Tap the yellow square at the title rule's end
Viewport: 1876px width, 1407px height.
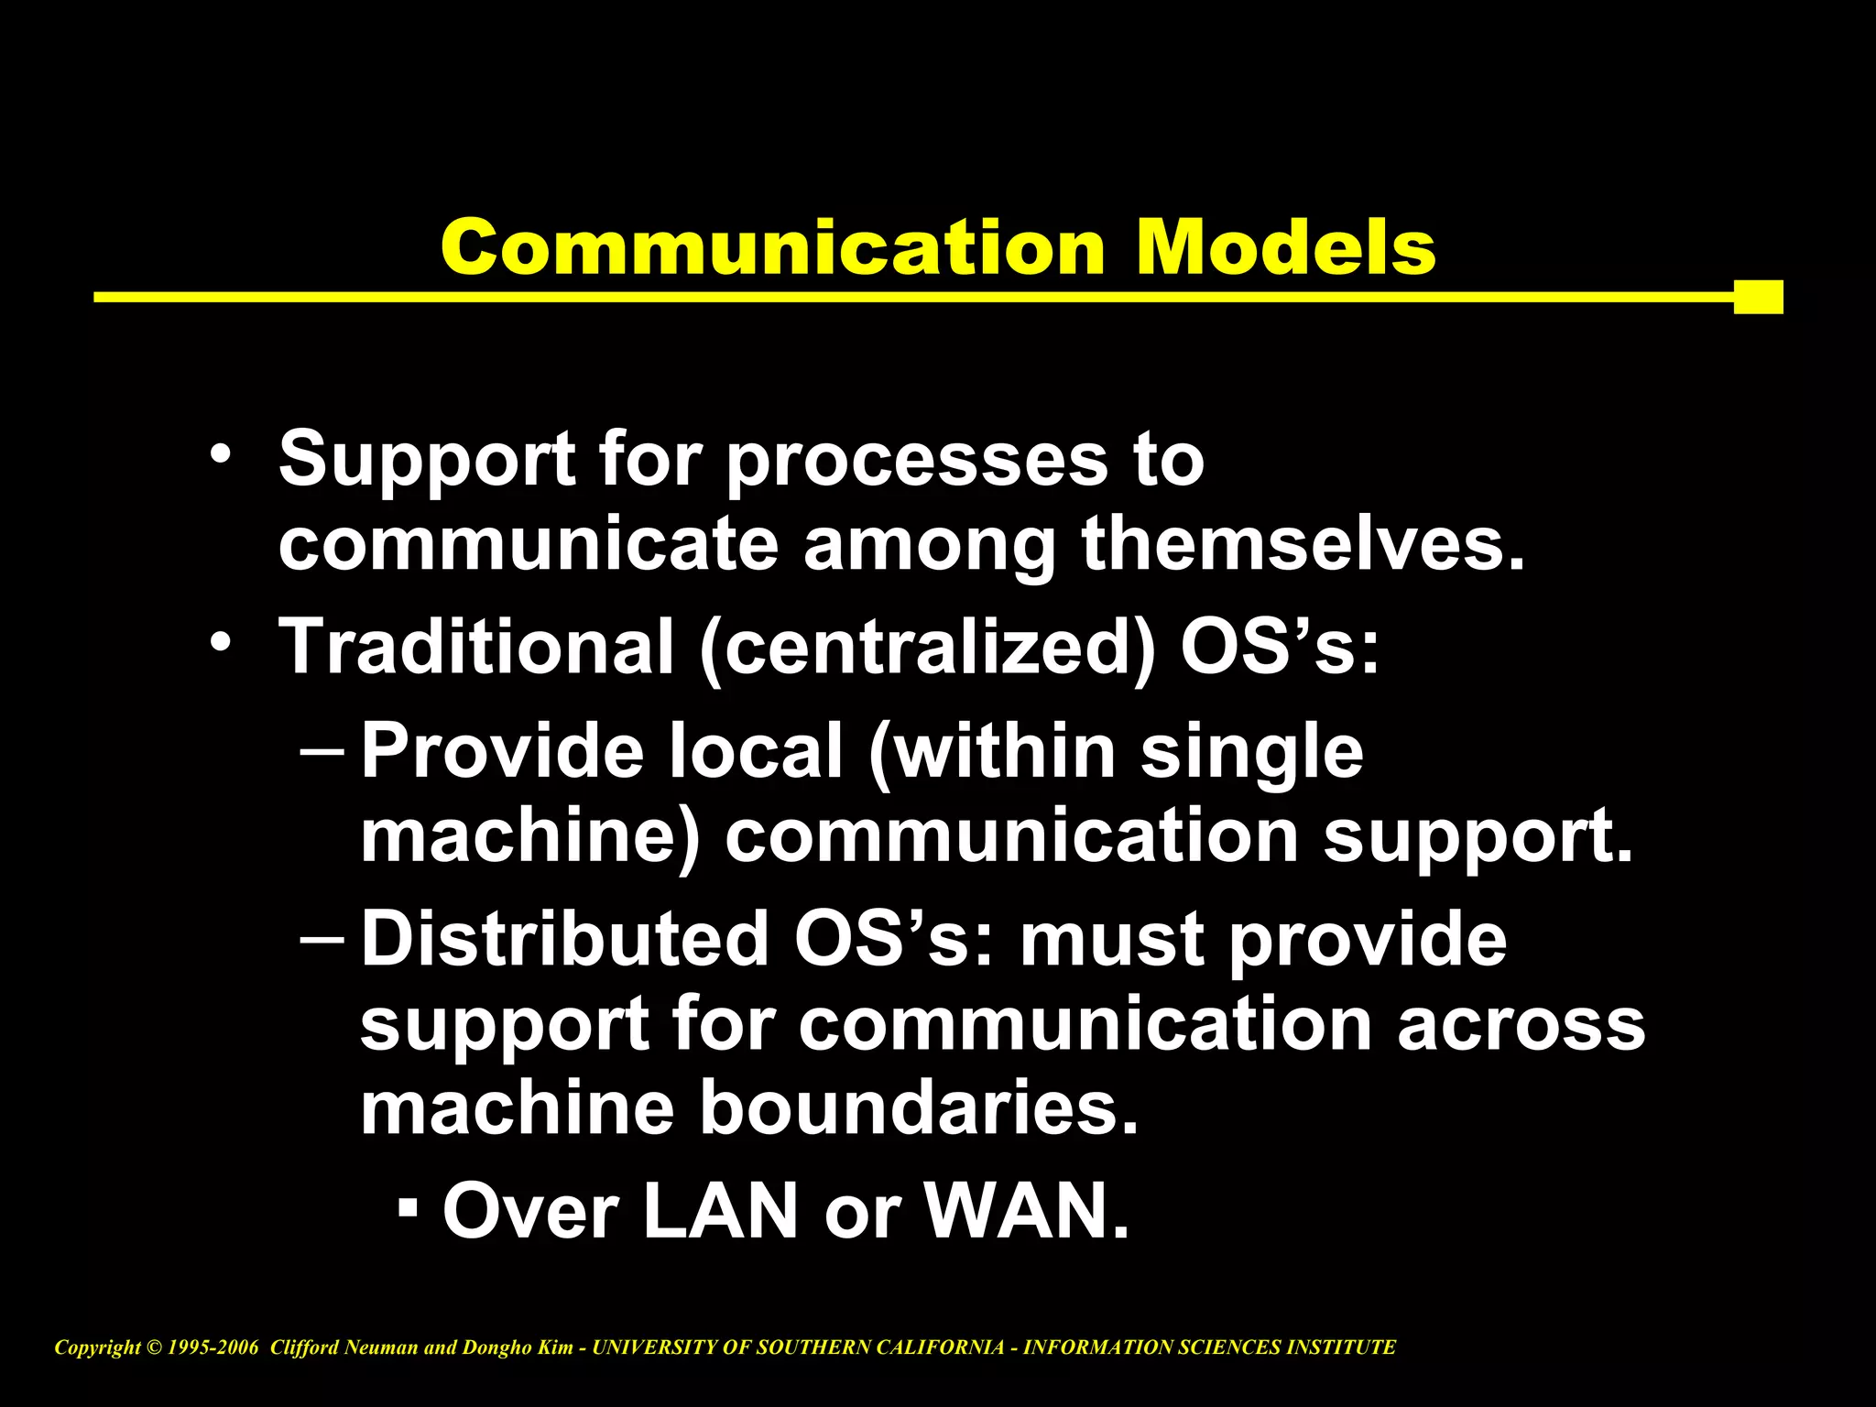pos(1758,297)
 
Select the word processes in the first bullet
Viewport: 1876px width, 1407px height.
pos(916,461)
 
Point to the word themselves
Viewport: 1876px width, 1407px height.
pos(1303,545)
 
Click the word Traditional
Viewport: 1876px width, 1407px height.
pos(476,646)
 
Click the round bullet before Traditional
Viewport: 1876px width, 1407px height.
pos(220,642)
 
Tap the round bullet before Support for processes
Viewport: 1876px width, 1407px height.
pos(220,454)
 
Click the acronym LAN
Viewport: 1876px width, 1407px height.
pos(720,1211)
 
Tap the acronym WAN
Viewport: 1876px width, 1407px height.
pos(1026,1211)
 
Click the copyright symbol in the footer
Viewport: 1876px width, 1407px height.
pos(153,1347)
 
